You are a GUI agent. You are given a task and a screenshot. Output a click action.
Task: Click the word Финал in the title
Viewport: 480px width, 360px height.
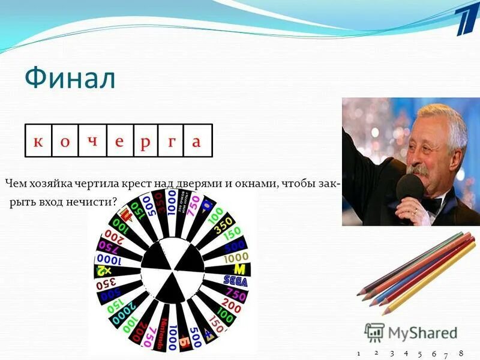pyautogui.click(x=70, y=79)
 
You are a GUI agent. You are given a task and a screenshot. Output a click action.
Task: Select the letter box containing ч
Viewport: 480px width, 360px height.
pyautogui.click(x=92, y=140)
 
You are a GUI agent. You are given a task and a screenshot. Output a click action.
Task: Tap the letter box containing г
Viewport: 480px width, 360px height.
pyautogui.click(x=172, y=140)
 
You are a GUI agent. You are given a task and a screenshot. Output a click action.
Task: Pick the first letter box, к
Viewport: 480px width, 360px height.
pyautogui.click(x=38, y=140)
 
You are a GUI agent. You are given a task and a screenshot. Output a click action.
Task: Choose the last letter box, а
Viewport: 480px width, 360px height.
pyautogui.click(x=198, y=140)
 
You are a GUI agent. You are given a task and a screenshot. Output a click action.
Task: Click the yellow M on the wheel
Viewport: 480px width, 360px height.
pyautogui.click(x=239, y=268)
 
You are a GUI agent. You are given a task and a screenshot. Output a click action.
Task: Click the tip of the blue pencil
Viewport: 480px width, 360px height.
pyautogui.click(x=374, y=304)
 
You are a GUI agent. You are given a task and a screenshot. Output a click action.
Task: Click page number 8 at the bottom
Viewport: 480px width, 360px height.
pyautogui.click(x=461, y=353)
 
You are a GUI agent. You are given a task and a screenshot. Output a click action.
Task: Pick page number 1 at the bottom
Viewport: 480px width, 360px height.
pyautogui.click(x=358, y=353)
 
